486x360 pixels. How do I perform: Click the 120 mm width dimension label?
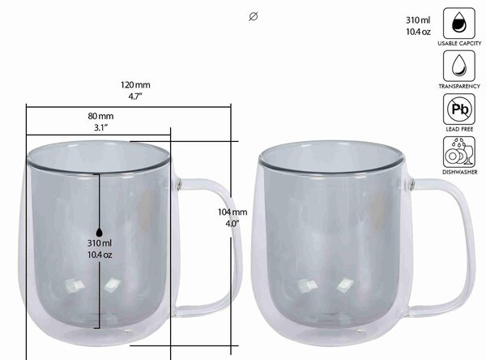click(135, 84)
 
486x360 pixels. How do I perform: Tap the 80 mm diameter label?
click(100, 116)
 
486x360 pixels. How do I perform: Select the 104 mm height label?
click(232, 212)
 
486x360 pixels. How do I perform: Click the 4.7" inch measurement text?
click(135, 96)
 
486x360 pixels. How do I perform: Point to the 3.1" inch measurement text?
click(100, 127)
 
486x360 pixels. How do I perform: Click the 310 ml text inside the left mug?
click(100, 243)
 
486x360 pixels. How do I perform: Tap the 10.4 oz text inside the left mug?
click(100, 255)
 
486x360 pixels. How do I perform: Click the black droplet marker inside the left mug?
click(99, 232)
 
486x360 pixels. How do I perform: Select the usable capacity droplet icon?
click(459, 24)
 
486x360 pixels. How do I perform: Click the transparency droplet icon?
click(459, 66)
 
